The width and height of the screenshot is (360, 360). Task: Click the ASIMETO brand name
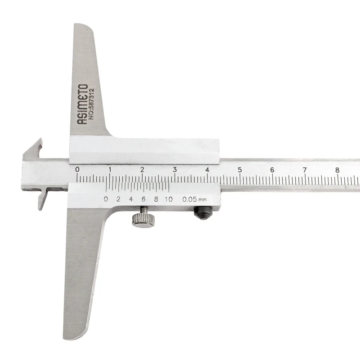[82, 104]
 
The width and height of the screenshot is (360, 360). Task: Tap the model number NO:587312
[91, 104]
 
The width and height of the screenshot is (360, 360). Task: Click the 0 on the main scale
[77, 170]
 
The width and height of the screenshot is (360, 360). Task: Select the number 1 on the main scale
[110, 170]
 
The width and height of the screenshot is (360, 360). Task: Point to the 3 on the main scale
[175, 170]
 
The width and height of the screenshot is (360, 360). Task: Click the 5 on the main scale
[240, 170]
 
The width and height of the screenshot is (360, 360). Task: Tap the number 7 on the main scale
[305, 170]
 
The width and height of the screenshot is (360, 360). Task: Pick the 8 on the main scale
[337, 170]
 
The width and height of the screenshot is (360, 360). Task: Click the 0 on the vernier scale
[106, 199]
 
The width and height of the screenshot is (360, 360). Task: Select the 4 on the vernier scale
[131, 199]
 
